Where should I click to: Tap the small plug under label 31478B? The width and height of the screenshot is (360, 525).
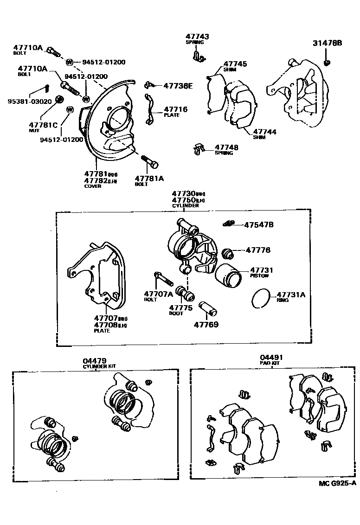(327, 62)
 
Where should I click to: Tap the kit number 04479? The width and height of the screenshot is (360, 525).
(95, 360)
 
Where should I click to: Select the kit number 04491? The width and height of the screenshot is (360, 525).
(271, 357)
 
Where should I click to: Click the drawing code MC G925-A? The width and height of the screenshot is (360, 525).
(337, 483)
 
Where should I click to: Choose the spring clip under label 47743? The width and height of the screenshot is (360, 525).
(198, 57)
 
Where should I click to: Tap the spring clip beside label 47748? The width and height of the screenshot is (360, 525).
(199, 149)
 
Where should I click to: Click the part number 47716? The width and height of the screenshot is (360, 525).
(176, 109)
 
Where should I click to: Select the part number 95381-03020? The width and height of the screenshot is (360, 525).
(26, 102)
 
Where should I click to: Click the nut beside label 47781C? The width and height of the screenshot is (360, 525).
(59, 99)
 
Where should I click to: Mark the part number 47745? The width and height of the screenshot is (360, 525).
(235, 64)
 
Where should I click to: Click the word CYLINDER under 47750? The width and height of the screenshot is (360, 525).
(185, 205)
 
